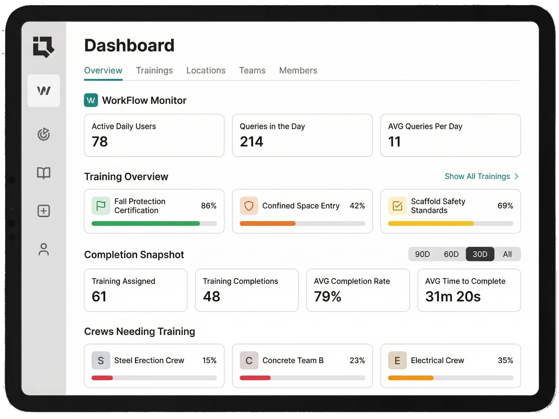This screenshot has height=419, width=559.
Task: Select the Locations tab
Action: point(206,70)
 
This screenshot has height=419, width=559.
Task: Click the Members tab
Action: point(298,70)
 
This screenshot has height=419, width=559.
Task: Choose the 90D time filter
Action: point(422,254)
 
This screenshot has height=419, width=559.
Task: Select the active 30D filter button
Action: point(480,254)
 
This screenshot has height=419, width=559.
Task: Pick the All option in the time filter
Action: point(507,254)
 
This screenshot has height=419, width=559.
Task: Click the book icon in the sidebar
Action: point(44,173)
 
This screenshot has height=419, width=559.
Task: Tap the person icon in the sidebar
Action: point(44,249)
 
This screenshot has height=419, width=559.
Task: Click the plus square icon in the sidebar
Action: point(44,211)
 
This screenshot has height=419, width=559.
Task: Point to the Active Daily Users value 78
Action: point(100,142)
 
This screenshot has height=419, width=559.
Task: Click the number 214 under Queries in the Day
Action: point(251,142)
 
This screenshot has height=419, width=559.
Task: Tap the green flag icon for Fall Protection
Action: point(101,206)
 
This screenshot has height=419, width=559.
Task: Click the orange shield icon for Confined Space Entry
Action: point(249,206)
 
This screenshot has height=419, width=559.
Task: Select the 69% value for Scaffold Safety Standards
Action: point(505,206)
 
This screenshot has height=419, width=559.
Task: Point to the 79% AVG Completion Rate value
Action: point(328,296)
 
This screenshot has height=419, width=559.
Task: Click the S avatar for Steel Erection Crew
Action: point(101,360)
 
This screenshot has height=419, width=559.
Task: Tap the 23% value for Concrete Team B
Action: point(357,360)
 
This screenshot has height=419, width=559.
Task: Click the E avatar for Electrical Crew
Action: point(397,360)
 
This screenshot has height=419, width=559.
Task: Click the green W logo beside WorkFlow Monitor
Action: point(91,100)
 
